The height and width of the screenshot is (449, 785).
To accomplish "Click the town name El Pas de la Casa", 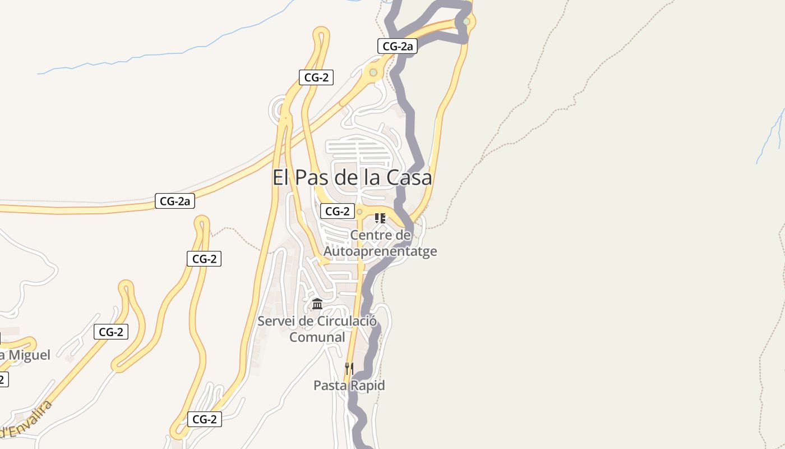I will point(352,178).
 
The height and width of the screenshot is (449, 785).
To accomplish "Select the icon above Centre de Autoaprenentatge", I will point(380,218).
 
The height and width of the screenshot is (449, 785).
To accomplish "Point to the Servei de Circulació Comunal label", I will point(317,329).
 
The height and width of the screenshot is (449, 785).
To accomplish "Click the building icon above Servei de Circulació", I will point(317,304).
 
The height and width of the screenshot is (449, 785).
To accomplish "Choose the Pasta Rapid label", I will point(349,386).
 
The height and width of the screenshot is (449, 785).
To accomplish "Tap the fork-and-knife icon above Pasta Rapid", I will point(349,368).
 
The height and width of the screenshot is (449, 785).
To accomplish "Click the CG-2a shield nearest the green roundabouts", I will point(397,46).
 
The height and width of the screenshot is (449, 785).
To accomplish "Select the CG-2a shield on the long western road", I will point(175,201).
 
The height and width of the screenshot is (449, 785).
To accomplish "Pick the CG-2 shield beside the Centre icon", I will point(338,211).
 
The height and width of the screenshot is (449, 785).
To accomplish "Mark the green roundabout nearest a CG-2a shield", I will point(373,72).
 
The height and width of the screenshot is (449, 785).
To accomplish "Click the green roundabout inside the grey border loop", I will point(466,21).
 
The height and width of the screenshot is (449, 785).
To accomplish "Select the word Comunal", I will point(317,337).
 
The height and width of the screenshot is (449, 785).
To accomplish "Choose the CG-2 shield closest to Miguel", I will point(110,332).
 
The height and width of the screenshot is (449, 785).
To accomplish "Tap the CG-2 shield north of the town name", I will point(316,77).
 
